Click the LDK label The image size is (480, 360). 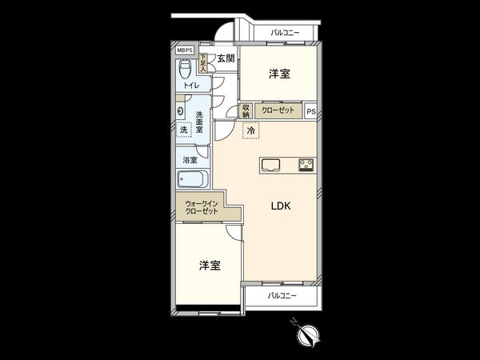(280, 206)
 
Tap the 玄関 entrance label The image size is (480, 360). (225, 58)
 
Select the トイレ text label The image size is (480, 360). (191, 85)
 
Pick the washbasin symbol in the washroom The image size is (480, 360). (182, 112)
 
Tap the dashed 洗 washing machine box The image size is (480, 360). (183, 130)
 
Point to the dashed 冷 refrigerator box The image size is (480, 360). (251, 130)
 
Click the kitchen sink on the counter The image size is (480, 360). (270, 166)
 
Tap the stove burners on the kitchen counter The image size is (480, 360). (306, 166)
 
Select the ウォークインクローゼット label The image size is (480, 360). (201, 207)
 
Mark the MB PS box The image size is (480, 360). (185, 49)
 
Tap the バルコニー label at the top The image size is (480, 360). (284, 33)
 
